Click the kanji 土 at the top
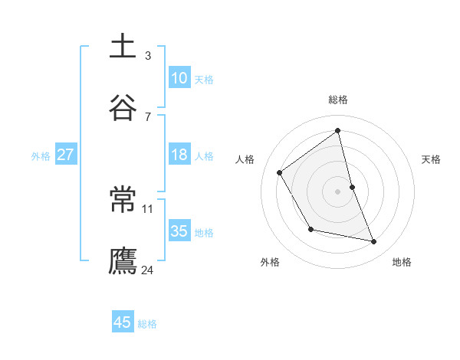click(123, 47)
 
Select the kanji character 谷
click(123, 108)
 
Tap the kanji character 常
click(123, 200)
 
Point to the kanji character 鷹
click(123, 260)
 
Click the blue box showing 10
click(179, 78)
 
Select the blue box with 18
click(179, 155)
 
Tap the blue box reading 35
click(179, 231)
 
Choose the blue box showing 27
click(66, 155)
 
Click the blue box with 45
click(123, 322)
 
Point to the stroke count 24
click(148, 270)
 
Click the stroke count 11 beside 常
click(148, 208)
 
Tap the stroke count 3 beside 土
click(148, 55)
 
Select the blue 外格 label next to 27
click(41, 156)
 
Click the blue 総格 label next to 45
click(147, 324)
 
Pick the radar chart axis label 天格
click(431, 159)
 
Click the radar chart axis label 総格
click(338, 100)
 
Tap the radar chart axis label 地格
click(402, 262)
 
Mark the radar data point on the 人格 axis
click(280, 172)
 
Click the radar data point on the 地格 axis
click(374, 241)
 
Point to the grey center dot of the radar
click(338, 191)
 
